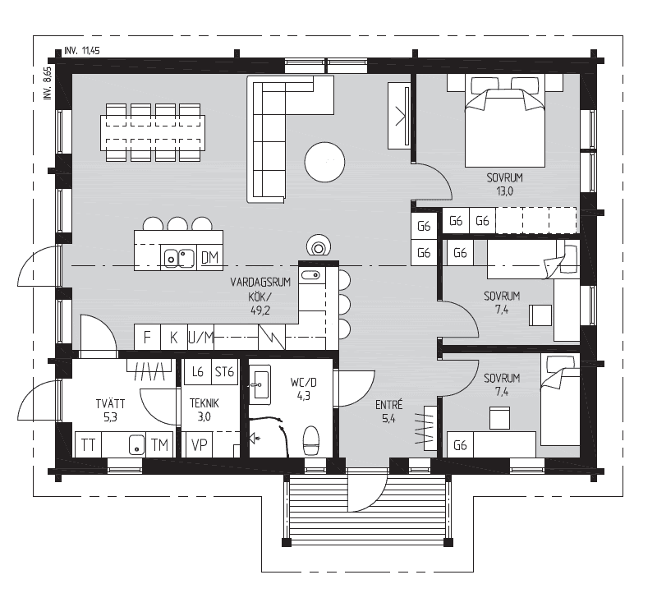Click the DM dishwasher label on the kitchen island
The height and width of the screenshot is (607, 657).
click(x=209, y=257)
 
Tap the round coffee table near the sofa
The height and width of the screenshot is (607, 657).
click(x=324, y=163)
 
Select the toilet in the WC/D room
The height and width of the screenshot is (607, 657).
click(x=311, y=440)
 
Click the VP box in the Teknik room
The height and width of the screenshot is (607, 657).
click(x=200, y=444)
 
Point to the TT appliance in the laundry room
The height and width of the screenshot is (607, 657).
click(x=88, y=444)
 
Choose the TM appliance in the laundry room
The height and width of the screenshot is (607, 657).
click(x=159, y=444)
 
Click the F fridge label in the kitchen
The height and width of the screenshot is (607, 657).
click(x=147, y=337)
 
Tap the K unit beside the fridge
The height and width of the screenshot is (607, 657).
click(x=174, y=337)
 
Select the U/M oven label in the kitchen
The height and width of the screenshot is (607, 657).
click(x=200, y=337)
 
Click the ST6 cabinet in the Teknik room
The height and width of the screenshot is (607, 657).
click(x=224, y=372)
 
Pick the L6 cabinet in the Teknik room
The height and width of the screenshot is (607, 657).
click(x=198, y=372)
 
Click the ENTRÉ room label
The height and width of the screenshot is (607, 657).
click(x=388, y=405)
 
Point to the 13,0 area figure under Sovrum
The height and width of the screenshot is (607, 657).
click(x=504, y=191)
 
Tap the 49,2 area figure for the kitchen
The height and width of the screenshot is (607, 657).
click(x=260, y=310)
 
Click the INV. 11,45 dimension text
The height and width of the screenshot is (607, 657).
click(x=82, y=51)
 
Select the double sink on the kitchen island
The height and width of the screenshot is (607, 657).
click(x=179, y=258)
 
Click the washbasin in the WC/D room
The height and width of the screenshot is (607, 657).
click(x=260, y=384)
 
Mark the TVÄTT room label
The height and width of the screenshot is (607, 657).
click(x=110, y=403)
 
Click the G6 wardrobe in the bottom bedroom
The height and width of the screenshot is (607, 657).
click(x=460, y=444)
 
